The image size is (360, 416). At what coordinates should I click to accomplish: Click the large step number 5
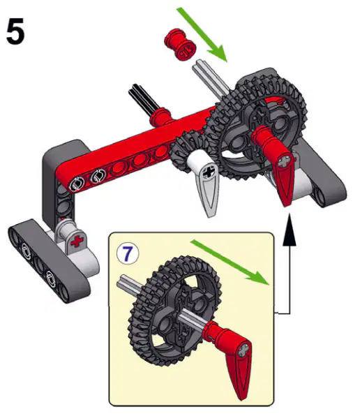(15, 31)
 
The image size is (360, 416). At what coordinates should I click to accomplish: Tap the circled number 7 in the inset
(127, 253)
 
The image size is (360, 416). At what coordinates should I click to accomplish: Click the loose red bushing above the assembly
(180, 44)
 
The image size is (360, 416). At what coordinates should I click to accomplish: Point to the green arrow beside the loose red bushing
(202, 34)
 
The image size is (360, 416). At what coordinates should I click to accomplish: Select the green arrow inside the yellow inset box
(230, 262)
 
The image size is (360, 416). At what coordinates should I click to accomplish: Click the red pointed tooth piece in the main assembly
(278, 165)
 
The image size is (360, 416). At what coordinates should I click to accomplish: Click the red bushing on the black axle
(160, 116)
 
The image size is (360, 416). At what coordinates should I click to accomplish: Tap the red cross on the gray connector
(77, 242)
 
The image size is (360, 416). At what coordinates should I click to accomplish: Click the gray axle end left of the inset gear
(128, 285)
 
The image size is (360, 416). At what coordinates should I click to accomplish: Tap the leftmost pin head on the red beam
(77, 184)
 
